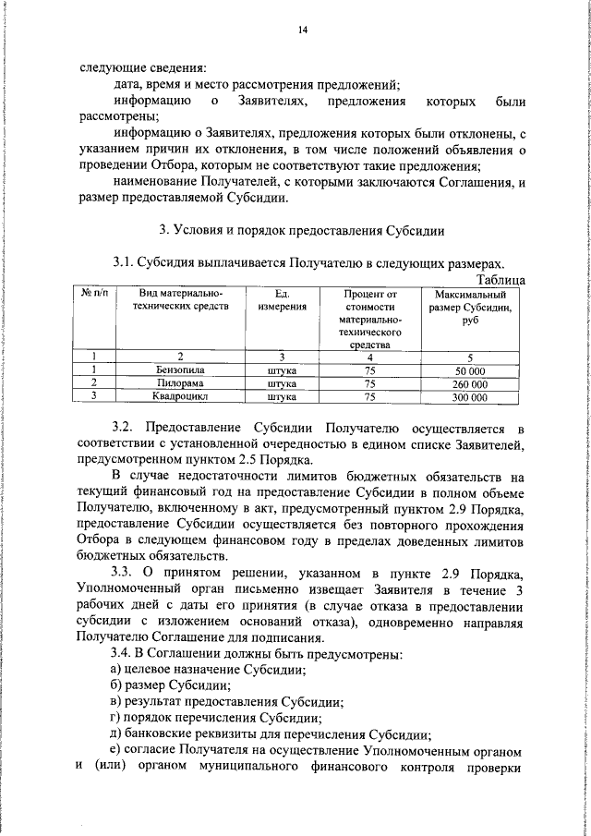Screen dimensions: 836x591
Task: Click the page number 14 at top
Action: pos(301,30)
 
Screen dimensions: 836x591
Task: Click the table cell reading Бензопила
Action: pos(180,370)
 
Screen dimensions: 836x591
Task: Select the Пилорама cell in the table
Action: pos(180,383)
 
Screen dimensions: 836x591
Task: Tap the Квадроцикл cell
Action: pos(180,397)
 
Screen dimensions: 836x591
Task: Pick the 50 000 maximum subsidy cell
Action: pos(470,370)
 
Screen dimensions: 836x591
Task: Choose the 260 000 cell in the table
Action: pos(470,383)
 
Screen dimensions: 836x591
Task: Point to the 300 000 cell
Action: pos(470,397)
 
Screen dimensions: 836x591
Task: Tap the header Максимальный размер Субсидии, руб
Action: pos(470,307)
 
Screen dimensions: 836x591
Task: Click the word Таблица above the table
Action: pos(500,279)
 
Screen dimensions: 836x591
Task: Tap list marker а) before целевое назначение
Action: pos(115,671)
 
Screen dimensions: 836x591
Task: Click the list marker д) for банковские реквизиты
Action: pos(115,735)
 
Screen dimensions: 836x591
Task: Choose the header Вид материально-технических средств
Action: pos(180,300)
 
